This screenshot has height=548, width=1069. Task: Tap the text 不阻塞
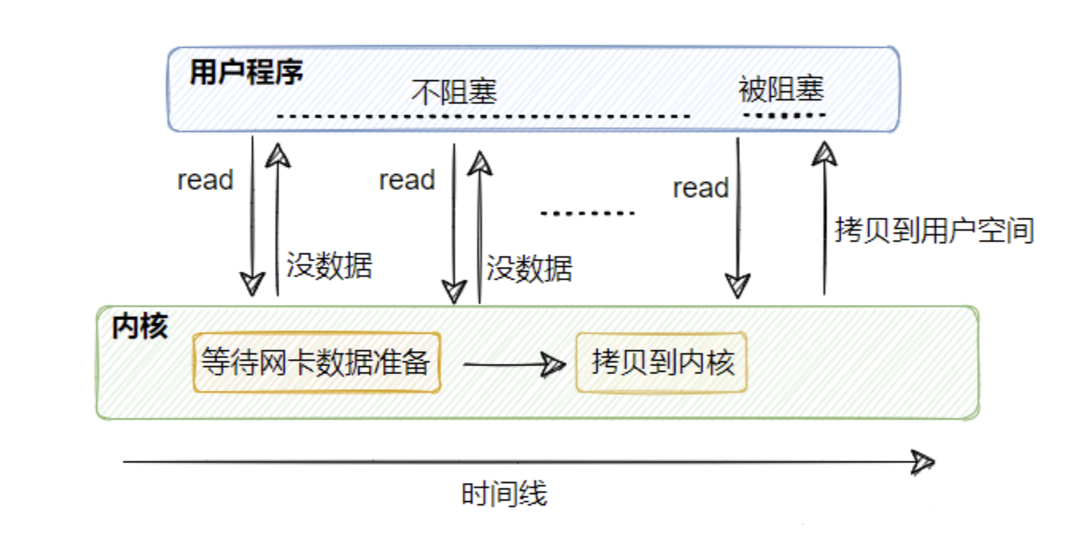(454, 92)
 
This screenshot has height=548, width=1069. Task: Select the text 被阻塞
(781, 89)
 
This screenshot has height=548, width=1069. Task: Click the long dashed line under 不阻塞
(483, 117)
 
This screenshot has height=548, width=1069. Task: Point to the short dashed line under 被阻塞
(784, 116)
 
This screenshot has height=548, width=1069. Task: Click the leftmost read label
(205, 180)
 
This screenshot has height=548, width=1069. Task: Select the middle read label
(407, 180)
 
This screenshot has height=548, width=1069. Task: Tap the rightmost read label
(700, 188)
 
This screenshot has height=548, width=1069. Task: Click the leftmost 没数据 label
(329, 264)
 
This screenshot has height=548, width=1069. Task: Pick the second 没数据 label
(529, 268)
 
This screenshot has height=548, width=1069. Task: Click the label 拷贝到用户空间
(934, 231)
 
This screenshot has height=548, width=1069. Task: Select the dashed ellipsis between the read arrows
(587, 214)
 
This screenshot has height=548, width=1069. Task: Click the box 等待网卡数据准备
(315, 363)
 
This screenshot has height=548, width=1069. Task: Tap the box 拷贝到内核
(662, 363)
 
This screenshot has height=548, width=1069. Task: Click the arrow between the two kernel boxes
(512, 365)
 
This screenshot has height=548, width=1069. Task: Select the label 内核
(140, 326)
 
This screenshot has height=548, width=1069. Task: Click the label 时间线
(504, 494)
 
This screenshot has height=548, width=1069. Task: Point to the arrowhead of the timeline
(924, 462)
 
